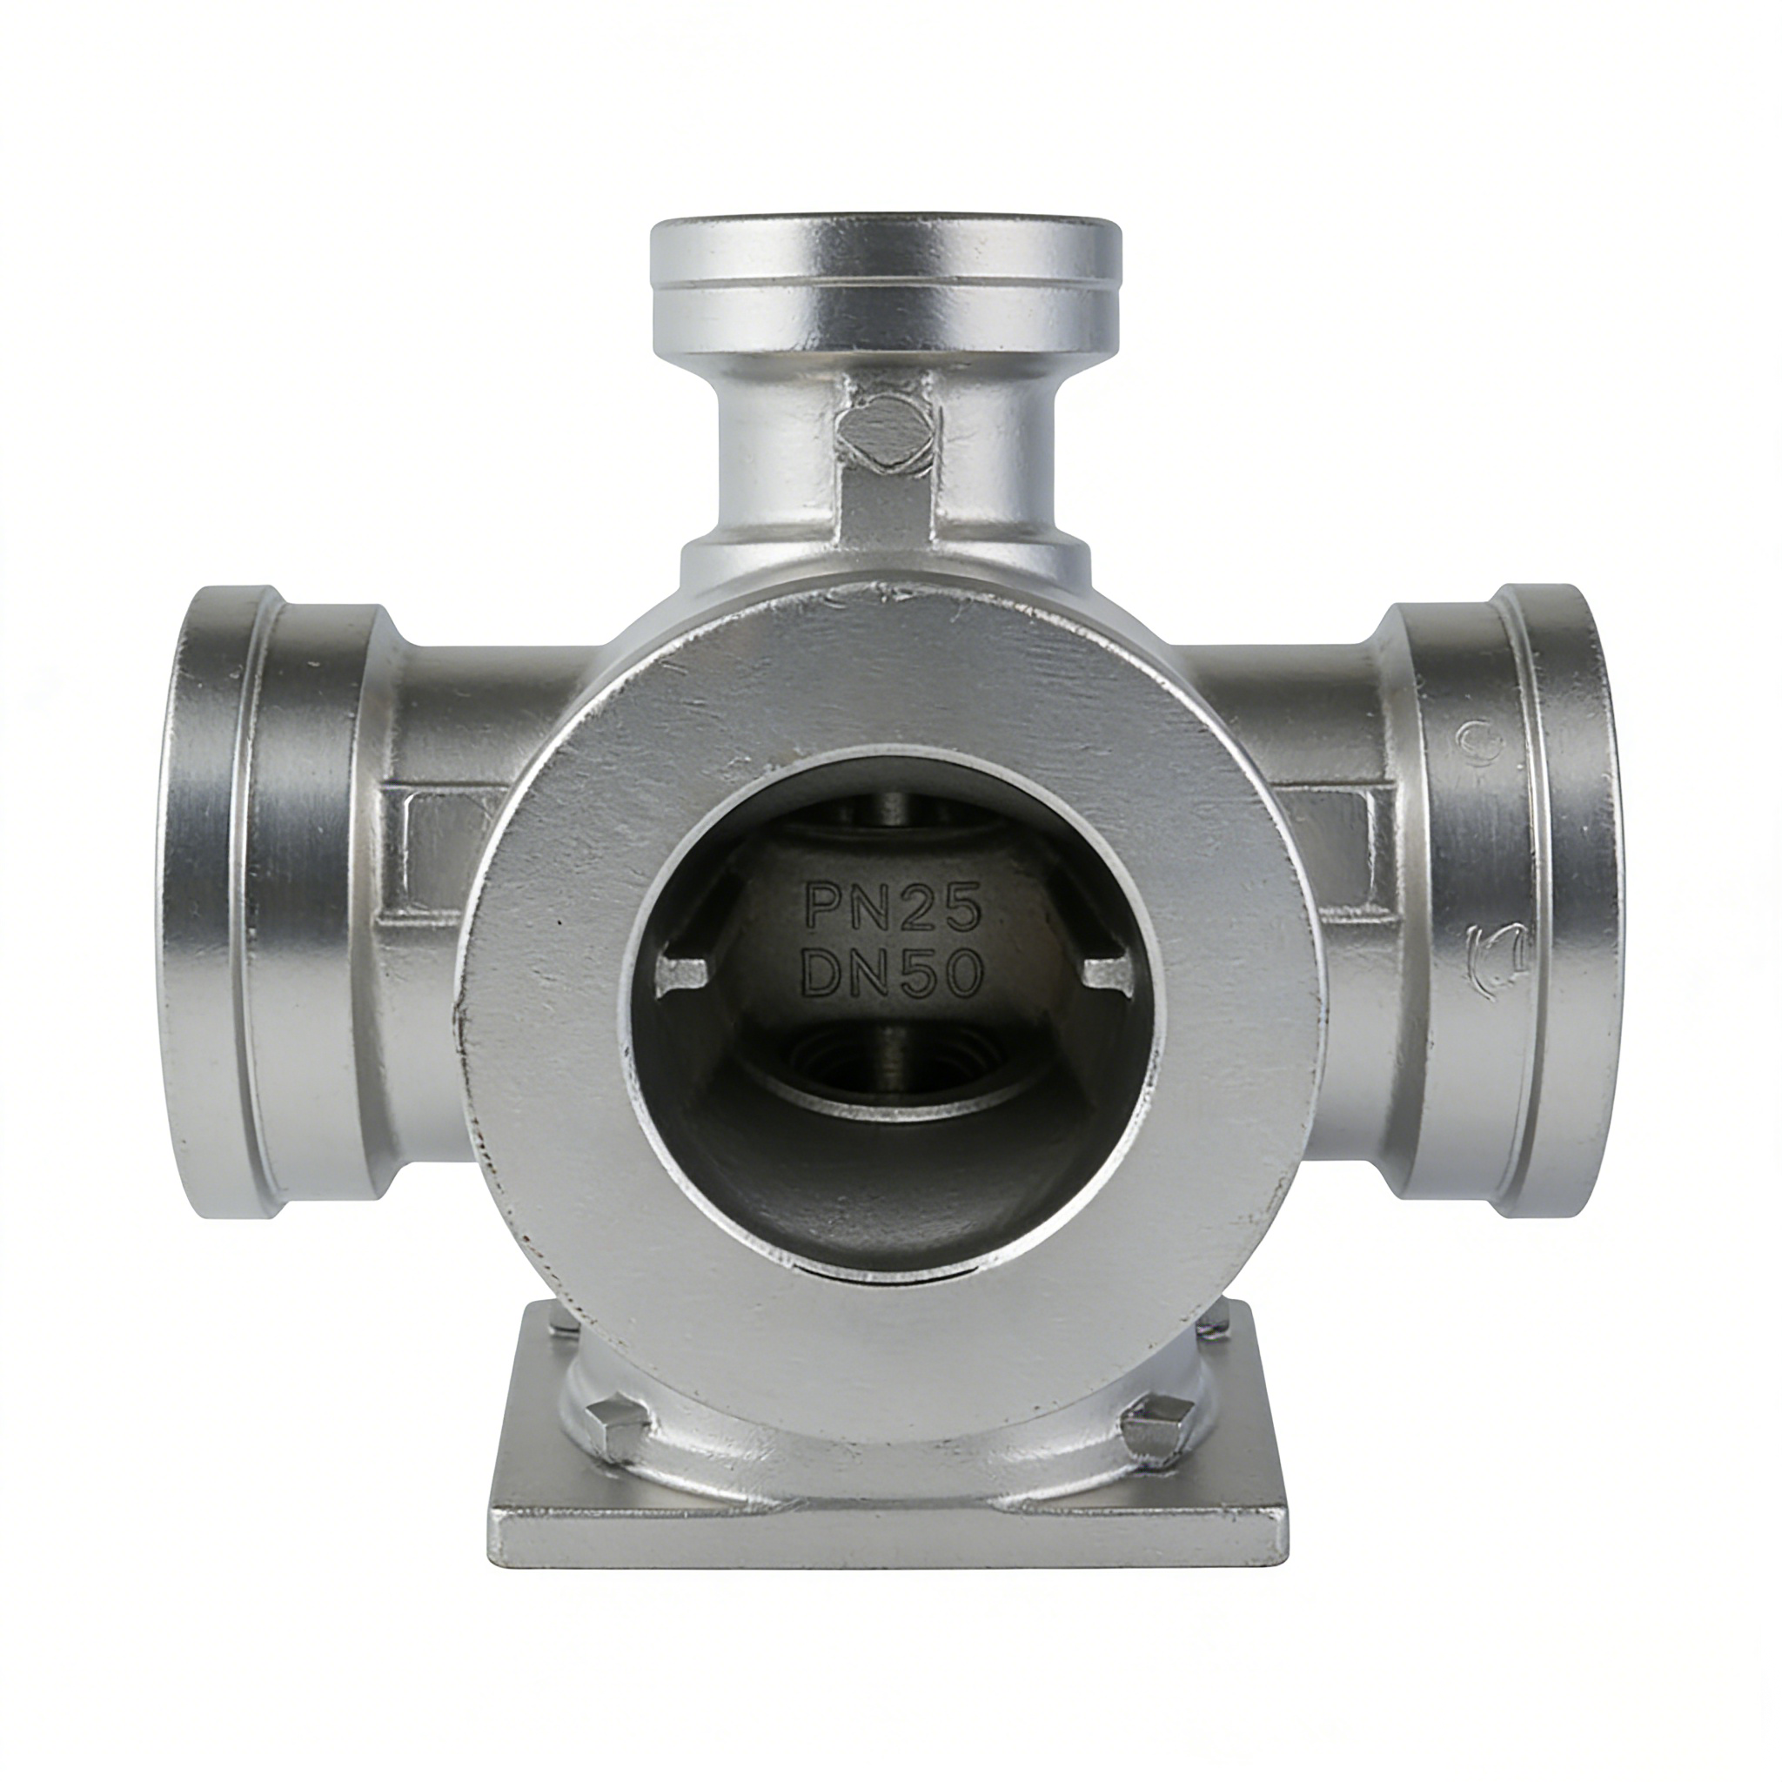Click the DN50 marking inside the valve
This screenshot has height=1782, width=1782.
(891, 972)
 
